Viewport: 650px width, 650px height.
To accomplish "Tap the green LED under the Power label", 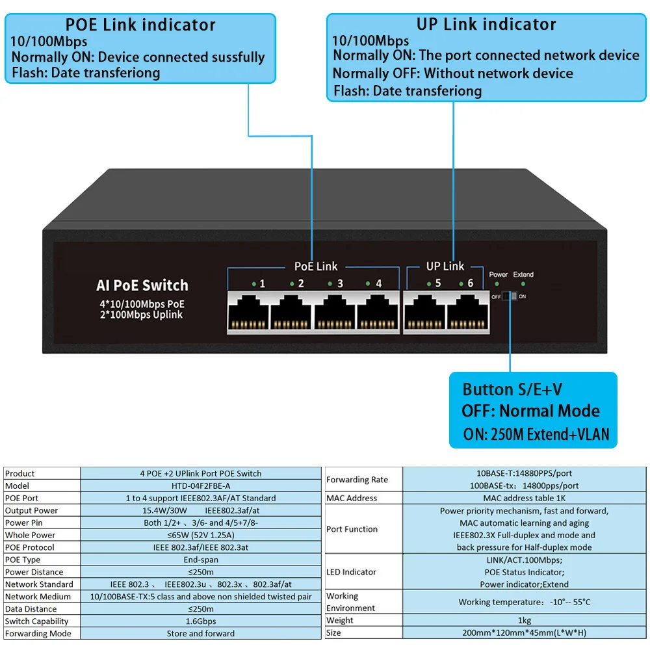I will (498, 285).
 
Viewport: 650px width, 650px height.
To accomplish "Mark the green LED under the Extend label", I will (523, 285).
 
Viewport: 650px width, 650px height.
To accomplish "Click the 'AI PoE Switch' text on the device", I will (142, 285).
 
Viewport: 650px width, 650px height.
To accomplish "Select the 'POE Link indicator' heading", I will (140, 25).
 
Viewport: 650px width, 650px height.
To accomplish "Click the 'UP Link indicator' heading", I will (486, 25).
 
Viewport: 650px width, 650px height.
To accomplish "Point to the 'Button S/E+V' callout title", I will (512, 389).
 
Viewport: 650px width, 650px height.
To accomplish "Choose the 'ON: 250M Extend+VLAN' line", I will (536, 434).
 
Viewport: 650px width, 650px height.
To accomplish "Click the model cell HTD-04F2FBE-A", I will (200, 486).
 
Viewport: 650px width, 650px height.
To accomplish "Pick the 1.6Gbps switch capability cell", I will (200, 621).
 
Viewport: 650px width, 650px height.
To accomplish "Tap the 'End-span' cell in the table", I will (200, 560).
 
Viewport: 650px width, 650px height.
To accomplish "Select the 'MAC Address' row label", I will (352, 498).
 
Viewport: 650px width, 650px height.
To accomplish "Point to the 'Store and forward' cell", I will (200, 633).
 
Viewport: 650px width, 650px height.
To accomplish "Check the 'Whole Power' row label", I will (31, 535).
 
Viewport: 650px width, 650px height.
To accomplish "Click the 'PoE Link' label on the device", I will (316, 266).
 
